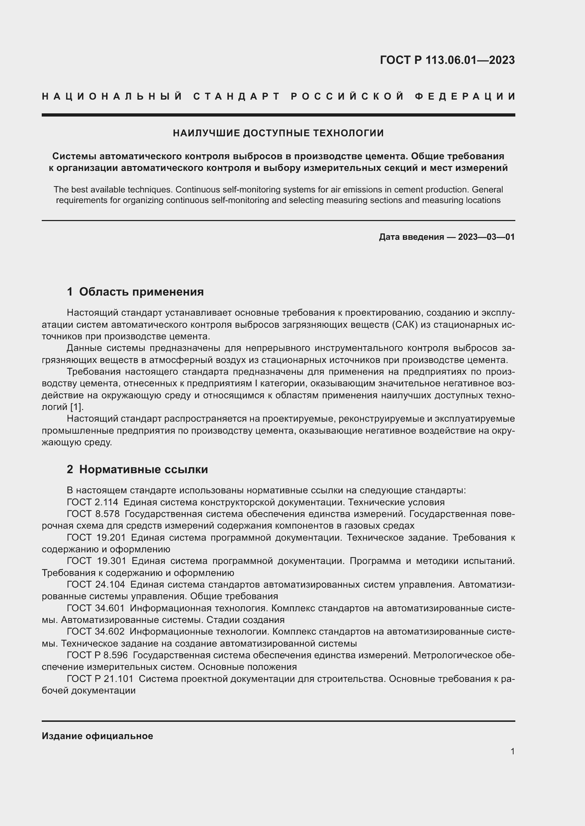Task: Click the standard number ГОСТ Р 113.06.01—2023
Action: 447,60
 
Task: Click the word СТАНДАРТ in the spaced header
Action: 237,96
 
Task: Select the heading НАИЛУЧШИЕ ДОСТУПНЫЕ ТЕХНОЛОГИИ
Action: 278,133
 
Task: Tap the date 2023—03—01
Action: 486,237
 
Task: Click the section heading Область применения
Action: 141,291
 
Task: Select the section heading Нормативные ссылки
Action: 143,469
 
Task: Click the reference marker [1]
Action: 76,407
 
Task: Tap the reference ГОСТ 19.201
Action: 96,537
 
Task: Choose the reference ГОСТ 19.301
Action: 96,561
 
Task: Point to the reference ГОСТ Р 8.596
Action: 97,655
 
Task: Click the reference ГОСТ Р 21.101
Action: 100,678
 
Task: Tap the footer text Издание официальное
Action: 97,736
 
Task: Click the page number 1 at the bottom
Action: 512,751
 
